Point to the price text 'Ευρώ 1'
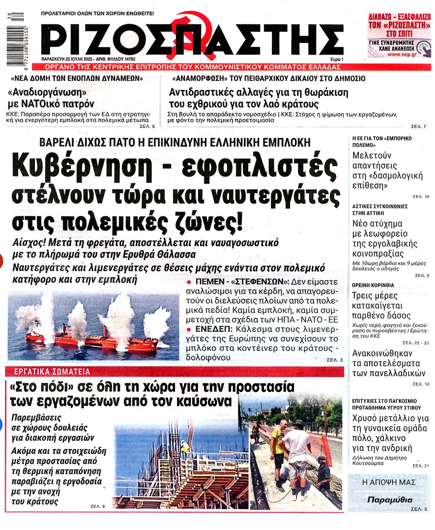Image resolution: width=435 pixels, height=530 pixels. point(336,59)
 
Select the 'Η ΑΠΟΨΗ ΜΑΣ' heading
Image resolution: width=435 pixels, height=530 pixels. point(389,482)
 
